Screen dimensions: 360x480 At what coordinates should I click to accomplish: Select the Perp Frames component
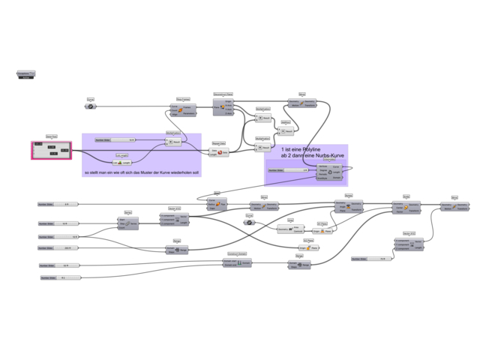(x=183, y=110)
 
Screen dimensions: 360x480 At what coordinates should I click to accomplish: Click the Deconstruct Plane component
(x=223, y=107)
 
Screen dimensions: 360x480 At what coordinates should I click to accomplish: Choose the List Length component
(x=121, y=162)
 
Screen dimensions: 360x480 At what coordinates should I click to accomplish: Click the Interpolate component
(x=329, y=172)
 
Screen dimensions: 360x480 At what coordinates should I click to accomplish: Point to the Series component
(x=128, y=223)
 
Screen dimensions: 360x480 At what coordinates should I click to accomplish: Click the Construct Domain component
(x=237, y=262)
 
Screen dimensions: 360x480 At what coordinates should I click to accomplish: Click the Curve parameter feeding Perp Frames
(x=90, y=106)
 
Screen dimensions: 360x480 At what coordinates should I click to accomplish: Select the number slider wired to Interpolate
(x=287, y=170)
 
